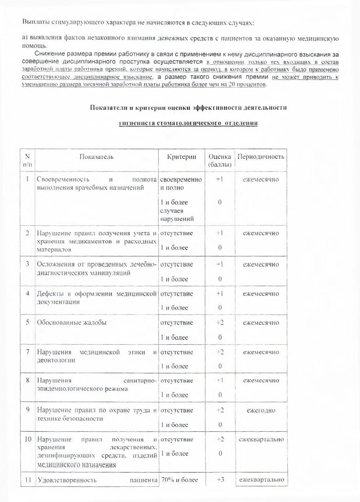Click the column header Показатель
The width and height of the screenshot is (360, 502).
coord(96,157)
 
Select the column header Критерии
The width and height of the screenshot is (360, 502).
coord(181,157)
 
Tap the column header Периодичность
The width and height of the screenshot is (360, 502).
coord(261,157)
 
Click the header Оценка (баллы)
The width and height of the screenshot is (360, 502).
coord(219,161)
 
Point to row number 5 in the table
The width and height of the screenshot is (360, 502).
coord(27,323)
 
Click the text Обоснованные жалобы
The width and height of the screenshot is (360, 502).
coord(72,323)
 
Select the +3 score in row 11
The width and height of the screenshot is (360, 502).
coord(220,480)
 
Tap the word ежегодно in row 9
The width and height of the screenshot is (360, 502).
coord(261,410)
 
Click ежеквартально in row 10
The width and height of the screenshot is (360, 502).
coord(261,439)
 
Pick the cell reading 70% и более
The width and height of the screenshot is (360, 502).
coord(179,480)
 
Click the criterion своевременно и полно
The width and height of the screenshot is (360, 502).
coord(181,183)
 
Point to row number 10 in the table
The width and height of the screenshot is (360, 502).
coord(28,439)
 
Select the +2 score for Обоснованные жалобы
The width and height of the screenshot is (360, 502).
coord(220,323)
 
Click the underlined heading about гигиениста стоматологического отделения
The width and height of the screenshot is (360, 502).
coord(188,123)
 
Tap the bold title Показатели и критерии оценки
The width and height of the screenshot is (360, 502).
coord(188,108)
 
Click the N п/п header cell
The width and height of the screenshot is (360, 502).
coord(27,160)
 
